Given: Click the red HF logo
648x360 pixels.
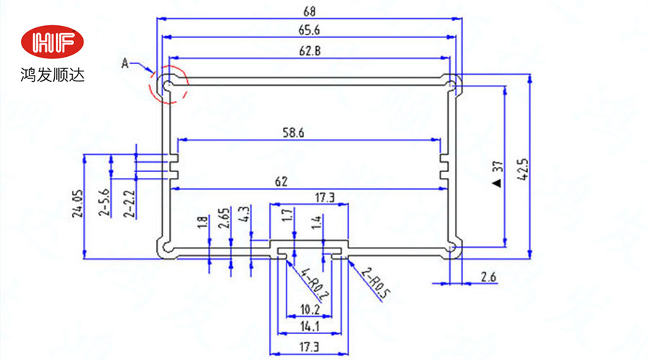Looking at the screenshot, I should click(x=54, y=42).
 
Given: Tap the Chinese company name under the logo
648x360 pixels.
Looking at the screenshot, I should click(x=53, y=73).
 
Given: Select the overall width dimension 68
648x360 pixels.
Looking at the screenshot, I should click(x=310, y=12).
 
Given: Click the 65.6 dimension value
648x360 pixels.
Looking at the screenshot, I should click(x=310, y=30).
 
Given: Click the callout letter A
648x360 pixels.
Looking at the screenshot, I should click(x=125, y=64).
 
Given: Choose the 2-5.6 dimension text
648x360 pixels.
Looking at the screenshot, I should click(x=103, y=203).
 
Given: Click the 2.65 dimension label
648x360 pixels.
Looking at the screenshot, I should click(x=224, y=218).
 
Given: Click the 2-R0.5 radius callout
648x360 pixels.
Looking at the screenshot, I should click(x=374, y=283).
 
